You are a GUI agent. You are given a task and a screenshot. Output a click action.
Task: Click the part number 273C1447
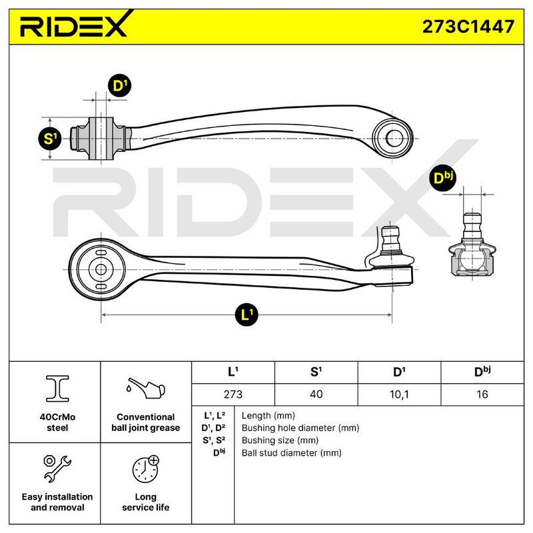point(468,27)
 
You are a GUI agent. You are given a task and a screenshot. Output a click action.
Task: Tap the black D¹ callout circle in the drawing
point(119,85)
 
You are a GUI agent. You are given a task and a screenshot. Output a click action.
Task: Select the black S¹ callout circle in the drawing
point(50,139)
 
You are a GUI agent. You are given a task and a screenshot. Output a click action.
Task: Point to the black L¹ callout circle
point(247,314)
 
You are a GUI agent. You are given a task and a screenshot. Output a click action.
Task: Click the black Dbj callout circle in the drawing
point(442,177)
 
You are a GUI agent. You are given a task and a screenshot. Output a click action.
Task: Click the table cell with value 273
point(233,394)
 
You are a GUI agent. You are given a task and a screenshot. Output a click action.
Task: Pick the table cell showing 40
point(316,394)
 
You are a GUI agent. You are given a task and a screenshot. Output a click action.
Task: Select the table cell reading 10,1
point(399,394)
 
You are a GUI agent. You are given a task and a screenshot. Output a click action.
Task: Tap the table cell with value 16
point(482,394)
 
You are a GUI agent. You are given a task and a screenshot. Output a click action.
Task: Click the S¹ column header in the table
point(316,372)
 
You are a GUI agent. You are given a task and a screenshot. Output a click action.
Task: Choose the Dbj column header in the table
point(482,372)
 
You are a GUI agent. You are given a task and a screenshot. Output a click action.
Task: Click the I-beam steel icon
point(57,388)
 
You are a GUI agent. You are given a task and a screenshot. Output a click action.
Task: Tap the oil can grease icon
point(145,388)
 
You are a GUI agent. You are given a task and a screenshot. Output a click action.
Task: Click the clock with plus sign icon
point(146,469)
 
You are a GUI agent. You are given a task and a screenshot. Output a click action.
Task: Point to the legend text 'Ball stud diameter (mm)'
point(291,453)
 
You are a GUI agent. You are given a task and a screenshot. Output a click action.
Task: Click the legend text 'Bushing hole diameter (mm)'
point(300,428)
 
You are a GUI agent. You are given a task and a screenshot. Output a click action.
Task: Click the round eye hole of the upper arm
point(394,138)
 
